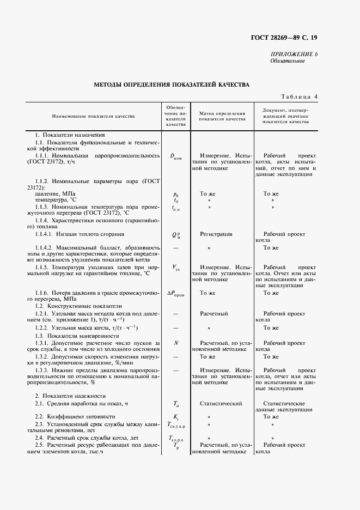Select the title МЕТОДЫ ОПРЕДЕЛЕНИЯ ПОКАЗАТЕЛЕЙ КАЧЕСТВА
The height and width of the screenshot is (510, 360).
[x=172, y=85]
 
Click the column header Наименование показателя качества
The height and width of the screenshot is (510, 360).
[x=93, y=116]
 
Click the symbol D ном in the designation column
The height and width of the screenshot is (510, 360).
[x=176, y=156]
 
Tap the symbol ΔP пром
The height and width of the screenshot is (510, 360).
[x=176, y=293]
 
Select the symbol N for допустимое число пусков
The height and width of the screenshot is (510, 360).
[x=176, y=342]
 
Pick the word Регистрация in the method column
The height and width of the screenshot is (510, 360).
[x=216, y=234]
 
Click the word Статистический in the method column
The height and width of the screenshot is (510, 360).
[x=221, y=403]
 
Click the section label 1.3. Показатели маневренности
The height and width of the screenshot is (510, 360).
[x=78, y=336]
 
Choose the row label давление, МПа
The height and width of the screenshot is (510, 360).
[x=55, y=193]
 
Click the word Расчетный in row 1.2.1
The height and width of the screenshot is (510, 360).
[x=213, y=314]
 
